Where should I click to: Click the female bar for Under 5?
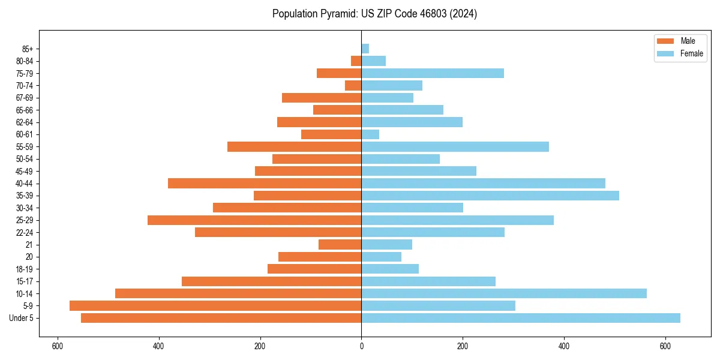pos(520,318)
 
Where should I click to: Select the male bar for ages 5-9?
pos(215,306)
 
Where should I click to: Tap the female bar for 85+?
pos(365,49)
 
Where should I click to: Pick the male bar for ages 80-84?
pos(356,61)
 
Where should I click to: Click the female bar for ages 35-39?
pos(490,196)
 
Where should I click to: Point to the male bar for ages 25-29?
pos(254,220)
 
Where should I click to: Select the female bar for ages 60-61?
pos(370,134)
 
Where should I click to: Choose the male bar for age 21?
pos(340,245)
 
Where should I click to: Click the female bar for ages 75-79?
pos(433,73)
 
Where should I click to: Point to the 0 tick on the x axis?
pos(361,346)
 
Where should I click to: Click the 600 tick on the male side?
pos(58,346)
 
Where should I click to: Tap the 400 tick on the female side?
pos(563,346)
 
